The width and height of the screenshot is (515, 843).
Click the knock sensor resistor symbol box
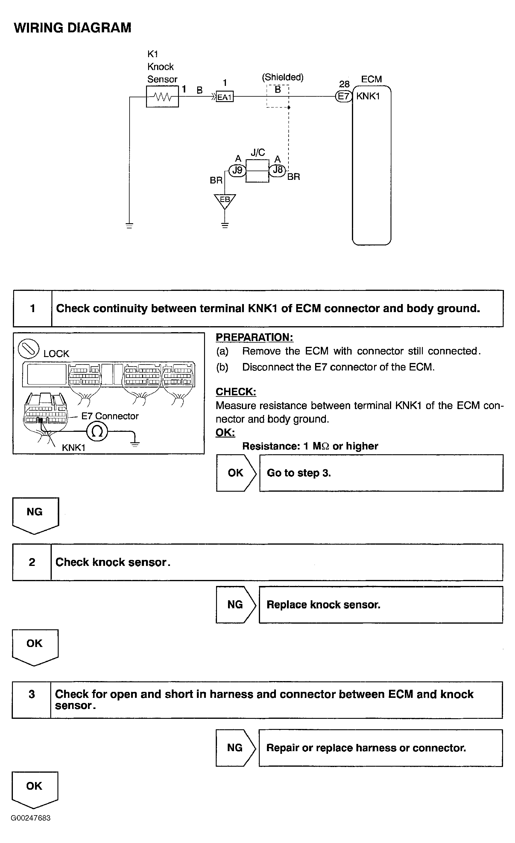[162, 97]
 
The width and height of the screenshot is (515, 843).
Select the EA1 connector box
[224, 97]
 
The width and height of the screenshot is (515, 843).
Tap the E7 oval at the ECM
[344, 96]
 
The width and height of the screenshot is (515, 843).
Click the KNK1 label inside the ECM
[368, 96]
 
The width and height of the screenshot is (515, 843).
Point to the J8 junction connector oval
[277, 170]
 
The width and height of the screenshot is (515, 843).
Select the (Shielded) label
[283, 77]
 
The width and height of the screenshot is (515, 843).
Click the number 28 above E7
[344, 84]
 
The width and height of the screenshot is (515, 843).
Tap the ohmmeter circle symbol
[97, 432]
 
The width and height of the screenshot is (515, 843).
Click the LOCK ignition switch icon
[28, 349]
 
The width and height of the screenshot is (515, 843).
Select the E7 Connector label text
[110, 416]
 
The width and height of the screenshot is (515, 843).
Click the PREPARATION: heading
[254, 337]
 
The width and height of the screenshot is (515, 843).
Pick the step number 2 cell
[32, 562]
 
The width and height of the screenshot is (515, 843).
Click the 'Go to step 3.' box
[381, 473]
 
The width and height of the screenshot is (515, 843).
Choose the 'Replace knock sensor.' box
[381, 604]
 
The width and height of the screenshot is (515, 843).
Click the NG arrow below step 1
[35, 514]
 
